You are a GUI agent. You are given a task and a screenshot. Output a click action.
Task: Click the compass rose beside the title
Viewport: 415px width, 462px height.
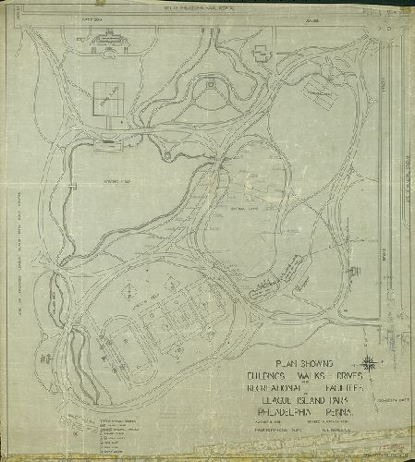[x=369, y=361]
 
